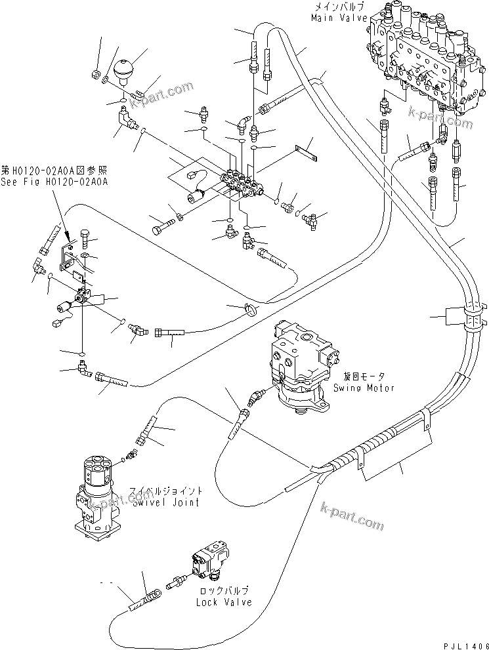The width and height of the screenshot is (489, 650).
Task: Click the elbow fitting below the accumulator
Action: [123, 119]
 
